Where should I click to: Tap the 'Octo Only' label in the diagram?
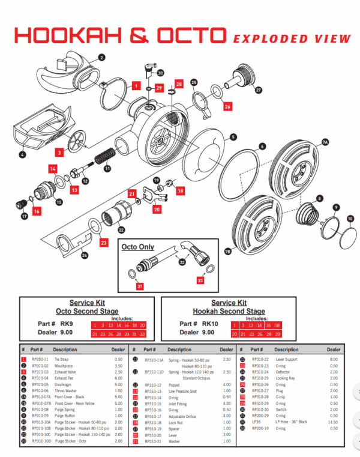click(x=137, y=247)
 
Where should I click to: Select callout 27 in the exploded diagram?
click(x=259, y=91)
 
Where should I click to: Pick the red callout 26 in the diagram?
click(x=227, y=106)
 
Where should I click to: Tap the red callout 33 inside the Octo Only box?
click(x=200, y=280)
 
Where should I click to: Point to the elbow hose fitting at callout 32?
click(x=193, y=252)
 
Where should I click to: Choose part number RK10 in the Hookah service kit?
click(x=214, y=323)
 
